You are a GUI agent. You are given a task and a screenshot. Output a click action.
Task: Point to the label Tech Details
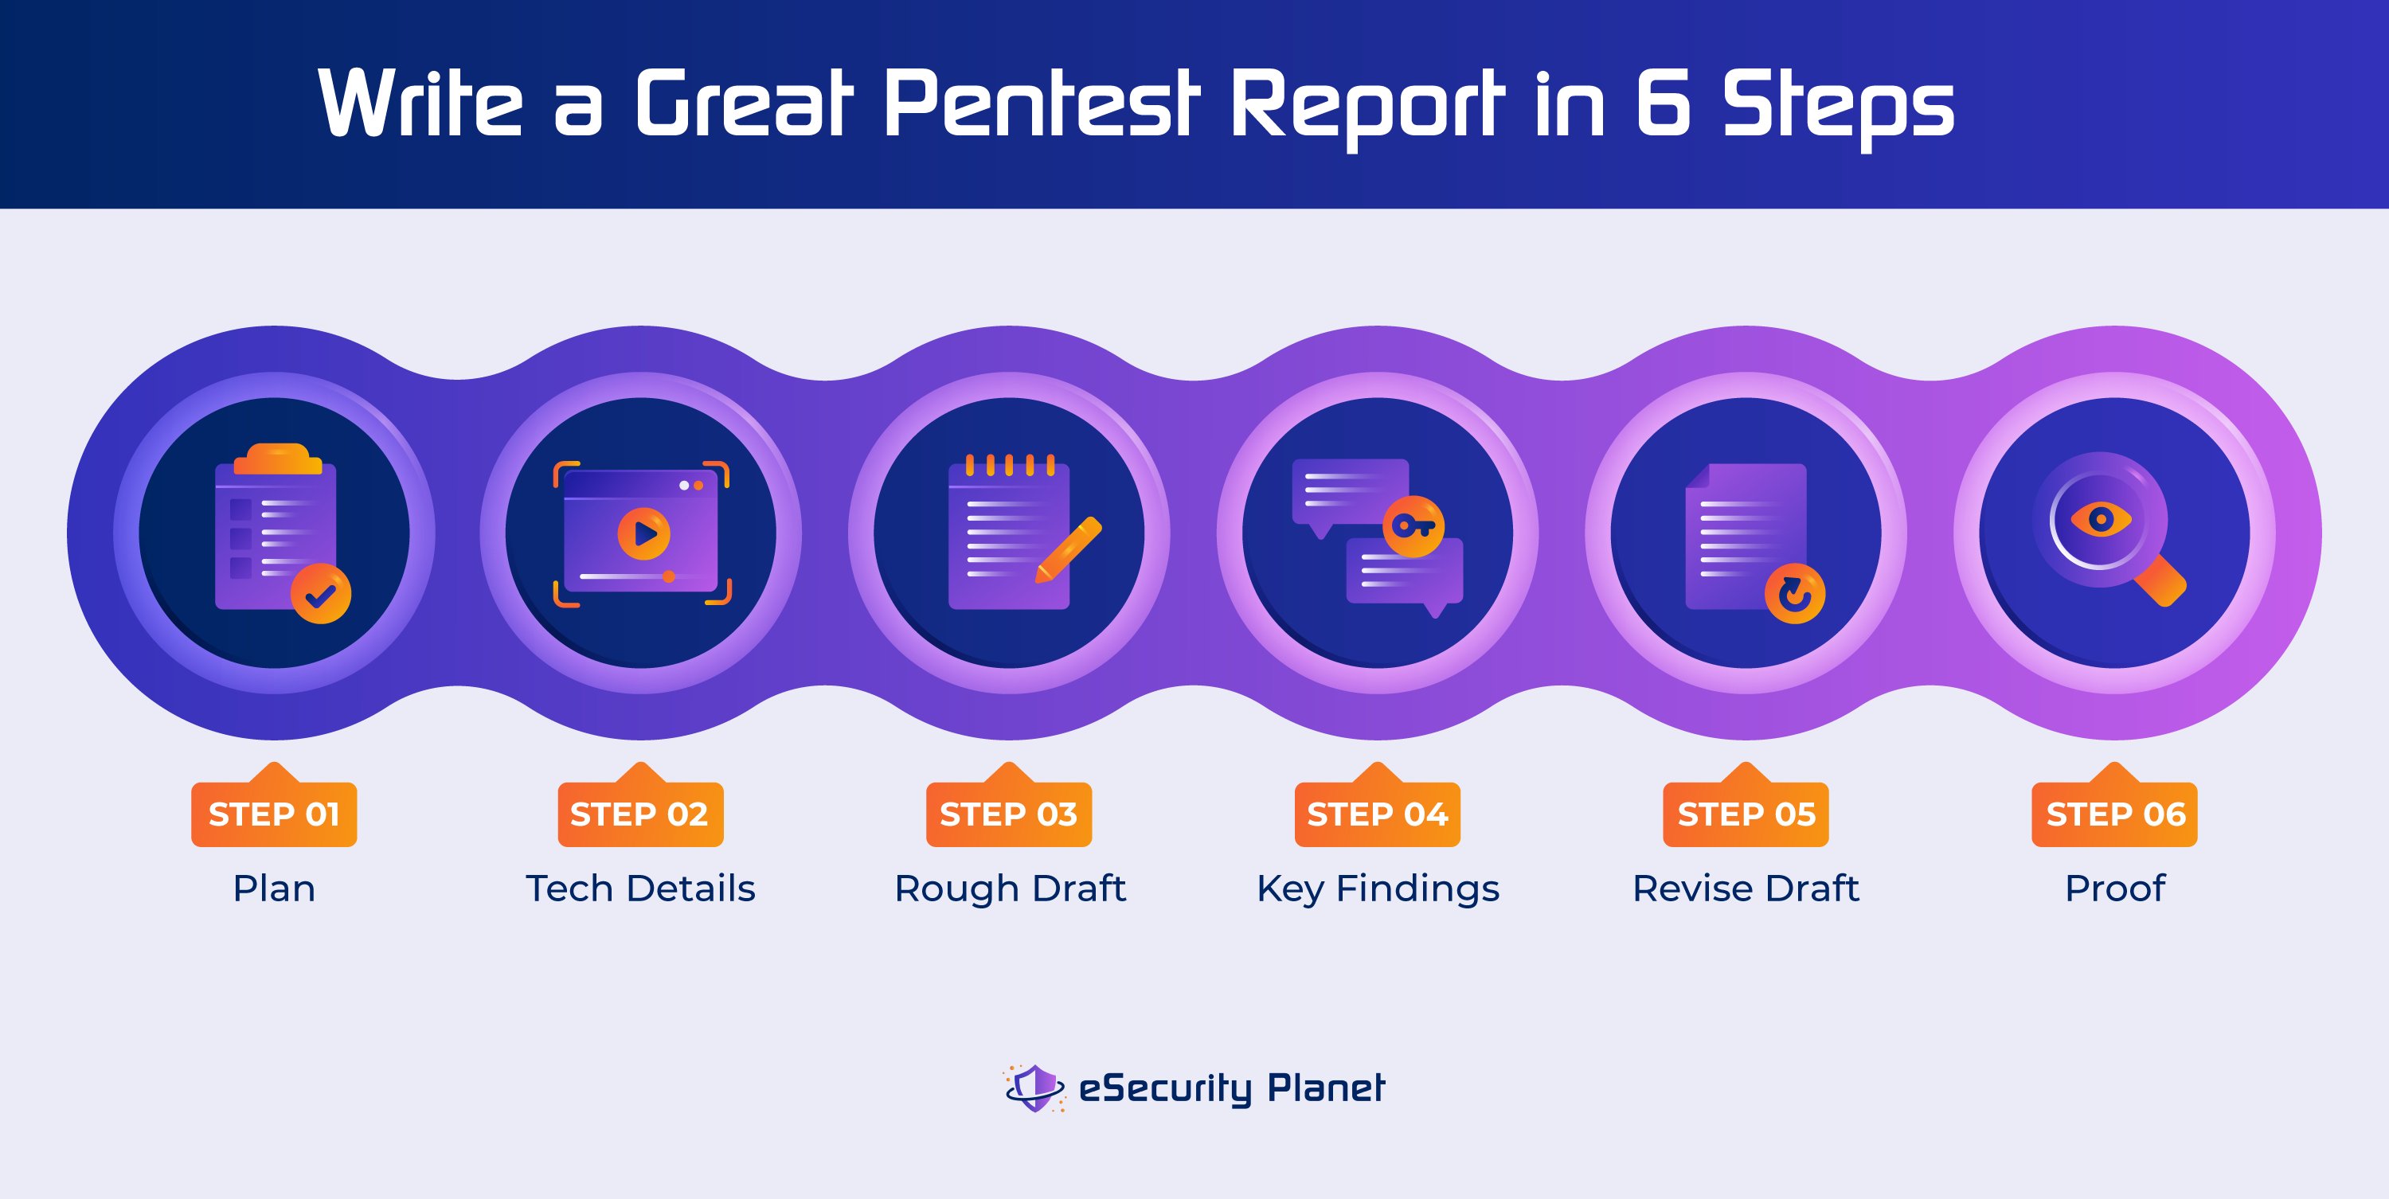pos(640,889)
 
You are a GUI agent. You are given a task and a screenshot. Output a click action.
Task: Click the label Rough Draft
pos(1009,889)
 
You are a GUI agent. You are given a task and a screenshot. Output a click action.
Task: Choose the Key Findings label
pos(1377,889)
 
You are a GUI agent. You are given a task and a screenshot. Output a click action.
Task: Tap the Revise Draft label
pos(1746,889)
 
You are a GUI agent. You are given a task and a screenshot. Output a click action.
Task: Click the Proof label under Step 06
pos(2114,889)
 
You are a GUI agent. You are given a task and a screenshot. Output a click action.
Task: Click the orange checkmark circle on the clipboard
pos(321,593)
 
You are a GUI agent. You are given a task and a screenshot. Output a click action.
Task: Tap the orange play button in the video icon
pos(643,533)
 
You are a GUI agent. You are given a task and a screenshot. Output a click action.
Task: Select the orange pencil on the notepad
pos(1069,550)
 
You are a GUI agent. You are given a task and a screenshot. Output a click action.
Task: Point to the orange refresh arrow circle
pos(1794,593)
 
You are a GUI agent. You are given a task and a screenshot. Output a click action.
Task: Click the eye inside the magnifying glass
pos(2101,519)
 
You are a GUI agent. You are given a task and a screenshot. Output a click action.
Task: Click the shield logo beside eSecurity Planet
pos(1035,1087)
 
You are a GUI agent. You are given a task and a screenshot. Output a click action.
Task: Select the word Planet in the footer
pos(1326,1088)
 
